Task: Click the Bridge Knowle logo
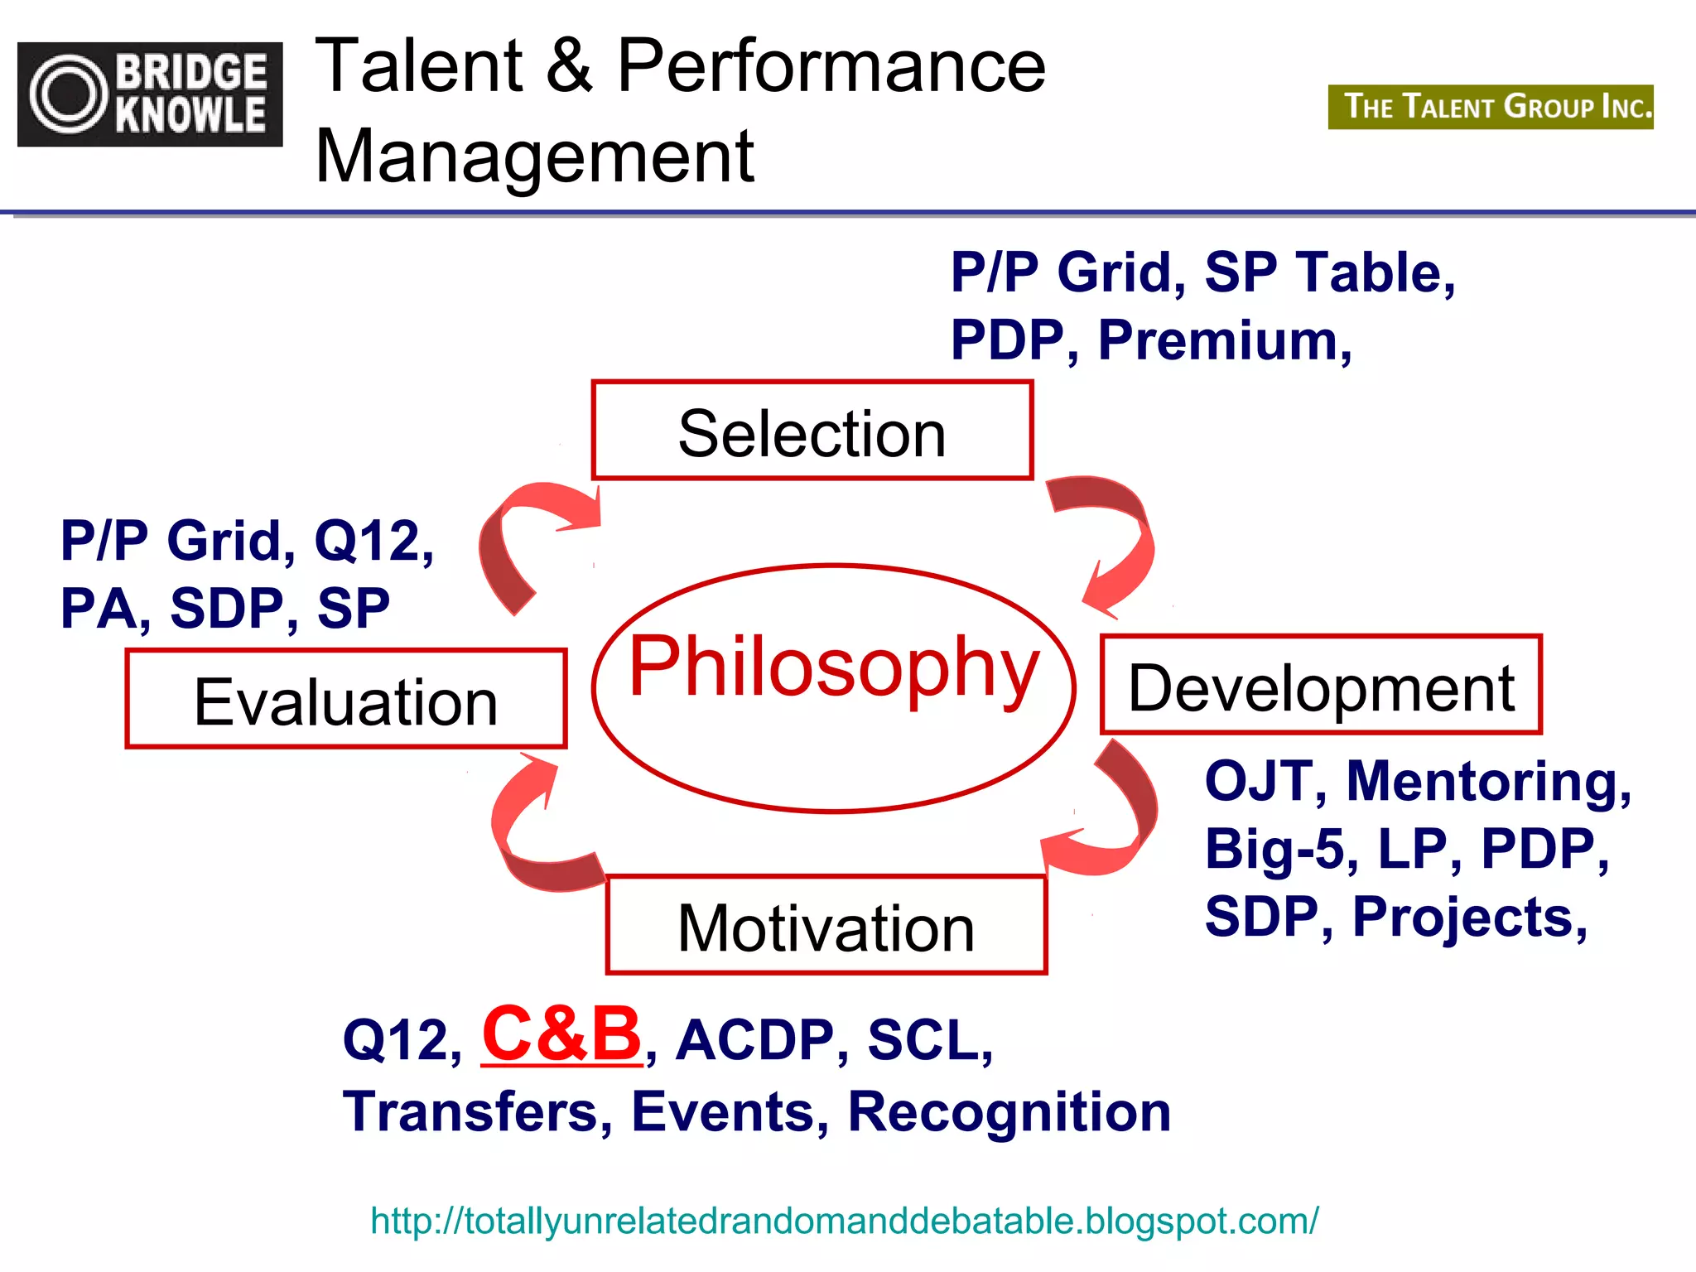pyautogui.click(x=150, y=94)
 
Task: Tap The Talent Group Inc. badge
pyautogui.click(x=1491, y=107)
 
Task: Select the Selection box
pyautogui.click(x=812, y=431)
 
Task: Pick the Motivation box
pyautogui.click(x=826, y=925)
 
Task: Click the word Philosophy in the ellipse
pyautogui.click(x=833, y=667)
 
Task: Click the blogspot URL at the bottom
pyautogui.click(x=844, y=1221)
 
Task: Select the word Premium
pyautogui.click(x=1224, y=340)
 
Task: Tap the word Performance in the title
pyautogui.click(x=831, y=65)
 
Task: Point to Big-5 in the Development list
pyautogui.click(x=1280, y=849)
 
